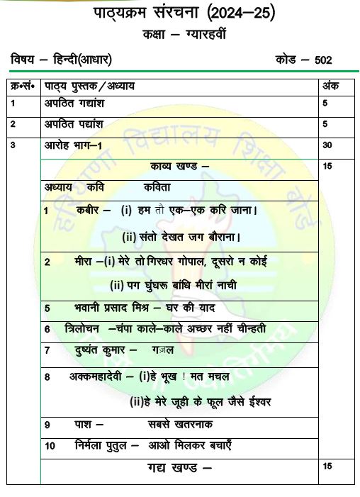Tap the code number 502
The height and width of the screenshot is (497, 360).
(x=322, y=61)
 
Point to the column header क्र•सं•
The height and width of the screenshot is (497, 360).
(x=23, y=86)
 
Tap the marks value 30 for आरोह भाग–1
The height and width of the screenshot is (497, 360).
(x=327, y=145)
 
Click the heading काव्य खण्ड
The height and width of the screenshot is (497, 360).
(x=176, y=166)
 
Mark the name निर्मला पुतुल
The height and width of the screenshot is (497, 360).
(x=101, y=446)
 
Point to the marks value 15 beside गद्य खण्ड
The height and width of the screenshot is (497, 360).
(x=327, y=466)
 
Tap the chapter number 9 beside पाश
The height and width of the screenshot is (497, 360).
(x=47, y=425)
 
